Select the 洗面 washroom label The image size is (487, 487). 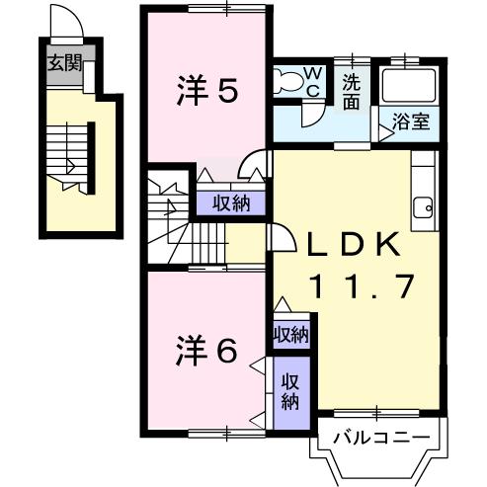352,92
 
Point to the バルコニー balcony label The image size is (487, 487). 379,436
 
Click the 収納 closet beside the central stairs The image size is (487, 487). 229,203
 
